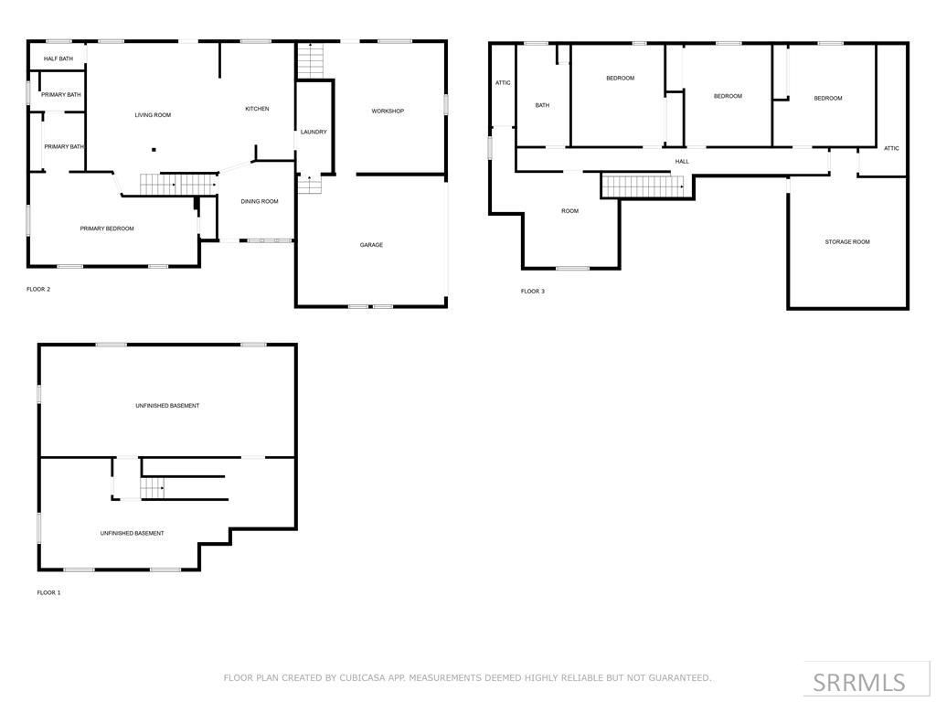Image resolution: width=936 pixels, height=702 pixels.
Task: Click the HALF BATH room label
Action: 58,58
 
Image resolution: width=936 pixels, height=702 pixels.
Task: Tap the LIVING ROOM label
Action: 153,115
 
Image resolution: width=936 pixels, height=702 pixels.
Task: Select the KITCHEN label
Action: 257,109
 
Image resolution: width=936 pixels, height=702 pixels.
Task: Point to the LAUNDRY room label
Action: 314,133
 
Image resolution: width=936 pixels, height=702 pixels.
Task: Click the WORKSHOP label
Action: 388,112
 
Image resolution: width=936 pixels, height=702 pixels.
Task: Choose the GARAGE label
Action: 371,245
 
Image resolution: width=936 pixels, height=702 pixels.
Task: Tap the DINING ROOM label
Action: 260,201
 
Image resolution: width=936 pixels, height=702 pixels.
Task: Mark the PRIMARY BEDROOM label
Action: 107,229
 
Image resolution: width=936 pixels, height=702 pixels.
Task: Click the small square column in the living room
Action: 154,150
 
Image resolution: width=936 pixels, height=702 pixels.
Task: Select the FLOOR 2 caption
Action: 38,289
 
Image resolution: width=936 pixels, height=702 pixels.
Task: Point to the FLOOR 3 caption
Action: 533,292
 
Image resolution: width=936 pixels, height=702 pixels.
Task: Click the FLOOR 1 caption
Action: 48,592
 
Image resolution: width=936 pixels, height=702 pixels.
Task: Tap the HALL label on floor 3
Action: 682,162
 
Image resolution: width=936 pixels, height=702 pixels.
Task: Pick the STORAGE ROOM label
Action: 847,242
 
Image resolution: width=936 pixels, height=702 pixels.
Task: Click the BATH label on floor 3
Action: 542,105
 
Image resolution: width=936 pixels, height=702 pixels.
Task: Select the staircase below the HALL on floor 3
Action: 643,186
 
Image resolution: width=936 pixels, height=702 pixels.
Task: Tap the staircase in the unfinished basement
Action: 153,488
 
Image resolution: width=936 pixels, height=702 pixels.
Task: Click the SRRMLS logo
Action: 858,682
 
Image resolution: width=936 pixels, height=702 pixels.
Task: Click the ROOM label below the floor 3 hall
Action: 569,211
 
